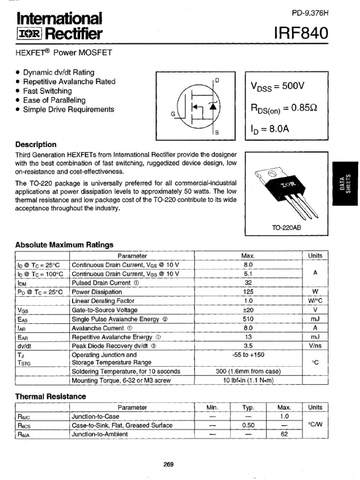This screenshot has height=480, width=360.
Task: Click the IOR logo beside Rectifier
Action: pos(29,34)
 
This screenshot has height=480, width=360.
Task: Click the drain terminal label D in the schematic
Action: pos(217,80)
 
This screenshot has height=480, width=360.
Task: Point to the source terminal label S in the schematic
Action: pos(217,133)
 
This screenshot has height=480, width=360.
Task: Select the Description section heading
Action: pos(36,145)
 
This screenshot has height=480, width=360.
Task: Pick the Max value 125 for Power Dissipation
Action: pos(248,292)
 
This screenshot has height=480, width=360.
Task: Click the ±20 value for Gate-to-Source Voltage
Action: pos(248,310)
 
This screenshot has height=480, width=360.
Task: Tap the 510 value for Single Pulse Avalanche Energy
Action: pos(248,319)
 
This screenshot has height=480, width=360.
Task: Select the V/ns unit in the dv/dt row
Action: pos(315,346)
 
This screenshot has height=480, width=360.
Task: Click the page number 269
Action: pos(169,465)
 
